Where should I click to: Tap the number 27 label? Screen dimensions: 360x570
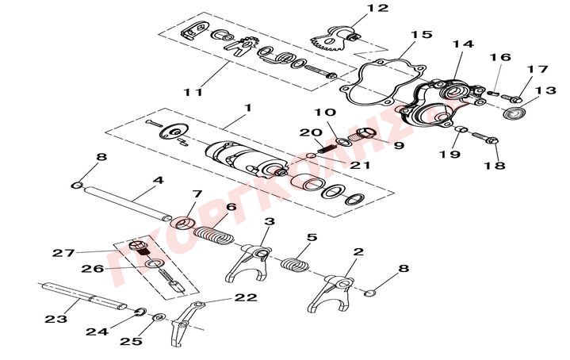tap(63, 253)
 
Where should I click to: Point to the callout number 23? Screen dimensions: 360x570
tap(55, 319)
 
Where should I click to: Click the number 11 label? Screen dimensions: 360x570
tap(193, 92)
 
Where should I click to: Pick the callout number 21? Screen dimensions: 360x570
tap(360, 164)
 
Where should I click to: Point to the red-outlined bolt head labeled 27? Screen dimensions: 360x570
tap(136, 248)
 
